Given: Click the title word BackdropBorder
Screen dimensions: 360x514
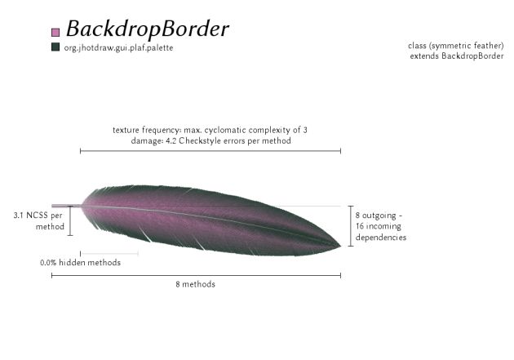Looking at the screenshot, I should [147, 29].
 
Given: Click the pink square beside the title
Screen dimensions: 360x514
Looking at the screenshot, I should [55, 32].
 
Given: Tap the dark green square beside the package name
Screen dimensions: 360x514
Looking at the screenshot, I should [55, 47].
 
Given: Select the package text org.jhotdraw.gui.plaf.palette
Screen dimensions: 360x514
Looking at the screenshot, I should [118, 47].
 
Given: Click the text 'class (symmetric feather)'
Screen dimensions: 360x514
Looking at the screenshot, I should [456, 46].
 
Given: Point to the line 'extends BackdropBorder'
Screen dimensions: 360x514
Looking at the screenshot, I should [457, 56].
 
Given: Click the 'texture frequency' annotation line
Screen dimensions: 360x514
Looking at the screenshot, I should [210, 130].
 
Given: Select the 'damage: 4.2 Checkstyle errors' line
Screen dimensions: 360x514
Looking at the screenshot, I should [210, 140].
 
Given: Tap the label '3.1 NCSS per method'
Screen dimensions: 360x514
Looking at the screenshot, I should [38, 220].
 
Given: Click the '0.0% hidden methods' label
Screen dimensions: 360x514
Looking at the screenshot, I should [80, 263].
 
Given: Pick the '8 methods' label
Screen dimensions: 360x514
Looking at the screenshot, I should [196, 284].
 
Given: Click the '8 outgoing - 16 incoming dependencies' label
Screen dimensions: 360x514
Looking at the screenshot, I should [381, 226].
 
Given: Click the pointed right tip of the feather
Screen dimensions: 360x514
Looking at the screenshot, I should [339, 245].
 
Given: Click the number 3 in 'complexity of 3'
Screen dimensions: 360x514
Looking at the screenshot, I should [305, 130].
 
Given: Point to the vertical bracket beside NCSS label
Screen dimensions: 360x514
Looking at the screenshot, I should [70, 220].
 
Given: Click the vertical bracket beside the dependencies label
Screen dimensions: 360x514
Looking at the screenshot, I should [350, 225].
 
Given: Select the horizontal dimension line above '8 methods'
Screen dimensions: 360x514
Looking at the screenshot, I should [196, 275].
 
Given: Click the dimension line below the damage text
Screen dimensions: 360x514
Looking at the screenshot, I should [210, 151].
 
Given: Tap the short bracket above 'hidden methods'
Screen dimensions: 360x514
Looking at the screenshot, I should [109, 254].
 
